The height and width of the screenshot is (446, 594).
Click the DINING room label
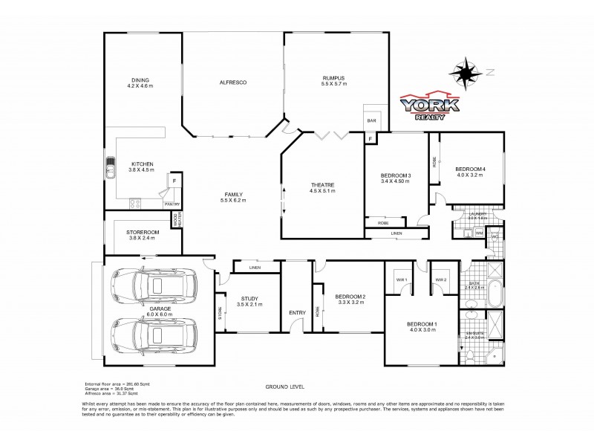pos(140,82)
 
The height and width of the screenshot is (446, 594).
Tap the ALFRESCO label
pos(232,81)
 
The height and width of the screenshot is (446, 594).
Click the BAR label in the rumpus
pos(369,120)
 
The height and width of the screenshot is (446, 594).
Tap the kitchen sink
pos(111,169)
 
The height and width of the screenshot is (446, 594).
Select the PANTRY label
pos(172,204)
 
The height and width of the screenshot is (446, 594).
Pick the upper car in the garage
pos(154,285)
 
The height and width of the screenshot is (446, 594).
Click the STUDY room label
pos(249,301)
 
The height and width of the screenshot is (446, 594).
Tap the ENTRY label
pos(297,312)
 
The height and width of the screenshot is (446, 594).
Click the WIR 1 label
pos(402,279)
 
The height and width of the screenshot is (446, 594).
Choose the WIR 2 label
pos(440,279)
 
